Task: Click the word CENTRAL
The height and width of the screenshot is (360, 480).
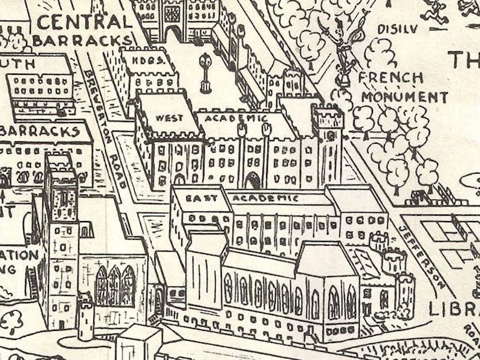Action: pos(85,22)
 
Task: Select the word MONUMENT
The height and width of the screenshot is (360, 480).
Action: pos(404,97)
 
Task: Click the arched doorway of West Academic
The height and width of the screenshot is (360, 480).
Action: pos(252,180)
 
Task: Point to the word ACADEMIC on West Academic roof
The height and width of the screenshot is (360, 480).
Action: pos(236,118)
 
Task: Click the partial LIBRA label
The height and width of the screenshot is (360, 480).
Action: pos(453,309)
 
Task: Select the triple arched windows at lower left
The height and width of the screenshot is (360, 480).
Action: pos(115,285)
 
